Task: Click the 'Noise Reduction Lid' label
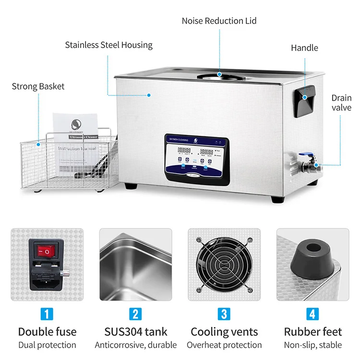(219, 21)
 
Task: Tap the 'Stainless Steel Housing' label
(108, 45)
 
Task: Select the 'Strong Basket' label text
(38, 86)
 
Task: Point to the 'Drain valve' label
(341, 103)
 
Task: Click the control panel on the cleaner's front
(197, 157)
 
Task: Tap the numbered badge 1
(47, 314)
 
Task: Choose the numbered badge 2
(135, 314)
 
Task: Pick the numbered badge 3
(224, 314)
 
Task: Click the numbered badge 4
(312, 314)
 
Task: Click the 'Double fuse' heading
(47, 332)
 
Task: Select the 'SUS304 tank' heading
(135, 332)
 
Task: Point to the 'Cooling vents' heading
(224, 332)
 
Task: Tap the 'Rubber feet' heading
(313, 332)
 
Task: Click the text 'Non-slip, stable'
(313, 345)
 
